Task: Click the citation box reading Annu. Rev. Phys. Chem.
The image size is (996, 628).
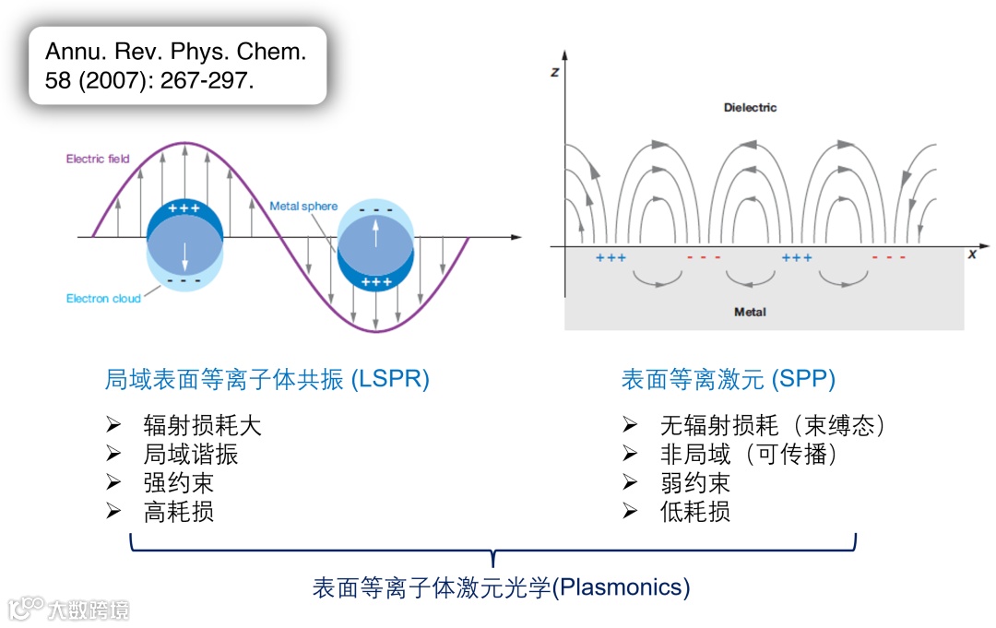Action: [177, 65]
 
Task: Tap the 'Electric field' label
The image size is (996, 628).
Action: [98, 160]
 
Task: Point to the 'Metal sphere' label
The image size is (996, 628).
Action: [303, 206]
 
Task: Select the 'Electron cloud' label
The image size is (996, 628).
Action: [103, 299]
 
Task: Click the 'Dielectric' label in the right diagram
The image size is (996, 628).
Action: [750, 108]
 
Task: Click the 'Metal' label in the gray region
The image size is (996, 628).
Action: [750, 312]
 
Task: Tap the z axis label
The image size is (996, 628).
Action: [555, 72]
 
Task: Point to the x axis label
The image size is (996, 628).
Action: [972, 254]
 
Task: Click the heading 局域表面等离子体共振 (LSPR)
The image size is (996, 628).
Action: [267, 379]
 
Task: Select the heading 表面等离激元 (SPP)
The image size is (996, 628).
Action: [729, 379]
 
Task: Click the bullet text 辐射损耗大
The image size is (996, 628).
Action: [202, 425]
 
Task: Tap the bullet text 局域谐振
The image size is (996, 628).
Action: [190, 454]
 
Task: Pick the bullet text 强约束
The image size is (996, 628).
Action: [178, 482]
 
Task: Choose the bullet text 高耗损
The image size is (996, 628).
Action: [178, 512]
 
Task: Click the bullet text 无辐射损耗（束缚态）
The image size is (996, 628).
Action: [774, 425]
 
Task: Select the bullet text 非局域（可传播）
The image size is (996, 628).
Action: [749, 454]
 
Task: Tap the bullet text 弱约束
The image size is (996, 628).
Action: [694, 482]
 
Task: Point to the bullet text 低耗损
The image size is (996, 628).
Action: [694, 512]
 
